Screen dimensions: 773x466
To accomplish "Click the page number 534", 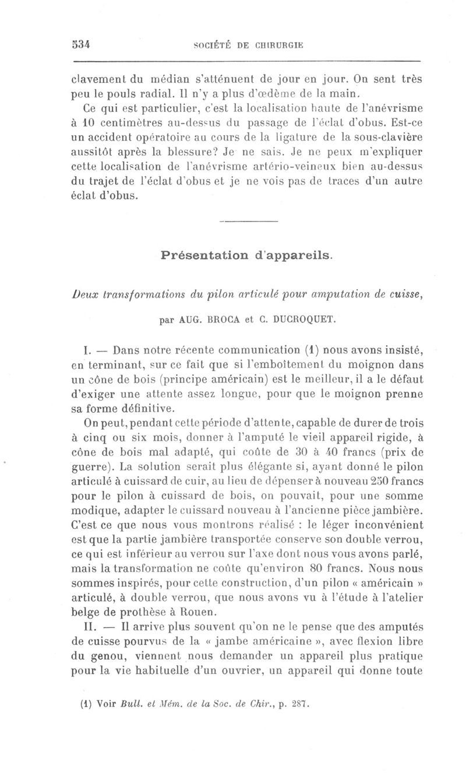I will click(87, 45).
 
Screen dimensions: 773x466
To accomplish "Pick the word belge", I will click(84, 612).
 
